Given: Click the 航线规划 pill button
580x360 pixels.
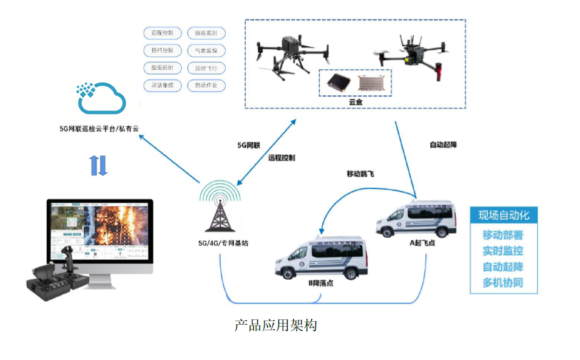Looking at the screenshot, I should tap(206, 33).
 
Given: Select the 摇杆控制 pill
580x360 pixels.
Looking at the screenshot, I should tap(163, 50).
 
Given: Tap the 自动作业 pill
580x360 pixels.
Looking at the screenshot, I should tap(206, 86).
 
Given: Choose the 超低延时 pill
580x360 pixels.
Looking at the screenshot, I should tap(163, 68).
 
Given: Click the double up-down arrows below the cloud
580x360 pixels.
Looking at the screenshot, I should tap(98, 166).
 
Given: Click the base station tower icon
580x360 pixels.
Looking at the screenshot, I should tap(220, 207).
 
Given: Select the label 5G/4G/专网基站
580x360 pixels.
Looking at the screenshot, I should tap(223, 243).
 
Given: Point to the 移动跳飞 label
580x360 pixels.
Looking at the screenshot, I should tap(360, 174).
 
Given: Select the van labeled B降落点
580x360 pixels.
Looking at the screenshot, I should tap(321, 259).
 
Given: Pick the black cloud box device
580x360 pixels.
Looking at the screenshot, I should tap(337, 83).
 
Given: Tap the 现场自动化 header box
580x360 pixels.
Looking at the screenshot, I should tap(504, 216).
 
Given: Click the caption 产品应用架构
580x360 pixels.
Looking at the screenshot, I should tap(275, 325).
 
